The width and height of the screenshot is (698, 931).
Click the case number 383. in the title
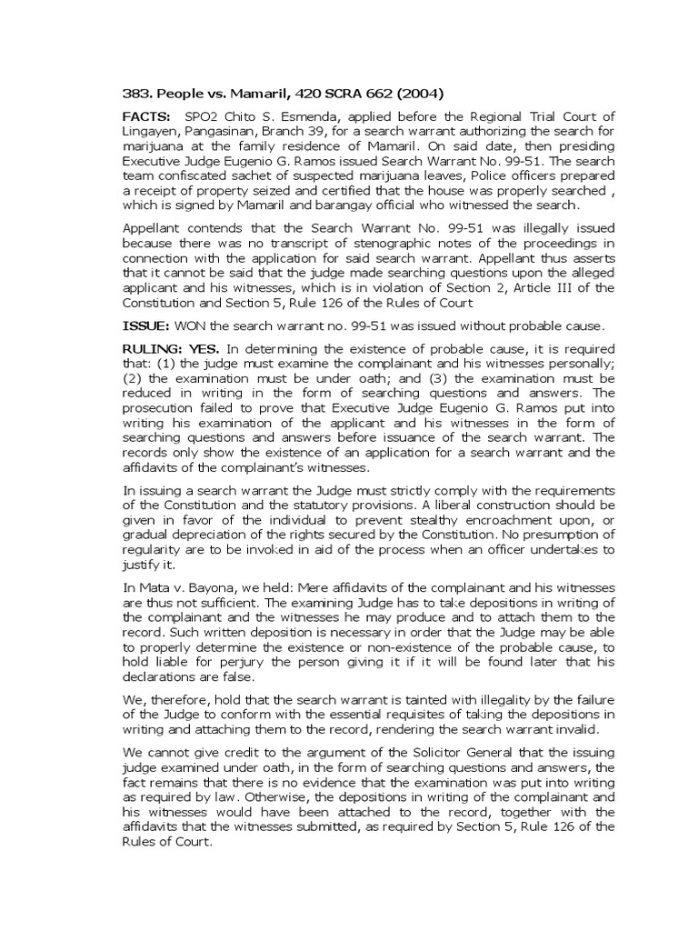click(136, 90)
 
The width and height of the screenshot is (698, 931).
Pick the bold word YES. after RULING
click(205, 350)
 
